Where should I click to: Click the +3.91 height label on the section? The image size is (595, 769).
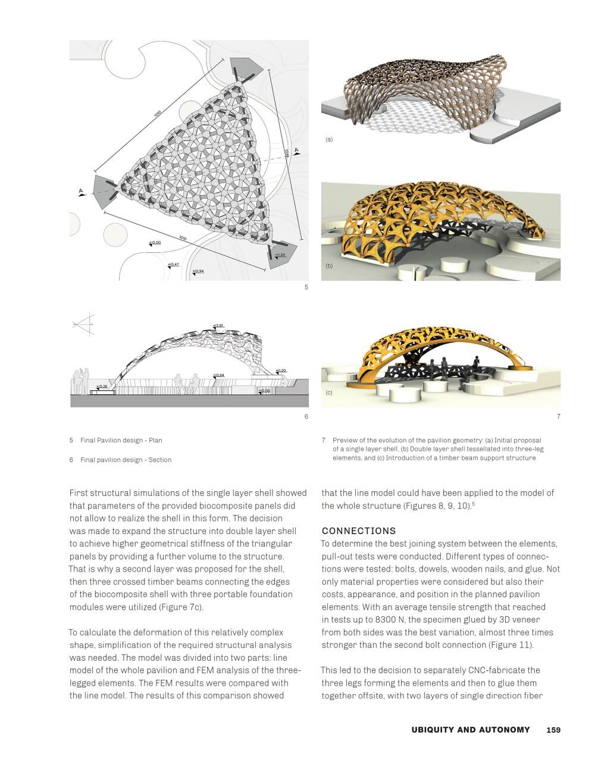click(218, 326)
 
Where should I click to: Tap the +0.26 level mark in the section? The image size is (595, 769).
click(102, 387)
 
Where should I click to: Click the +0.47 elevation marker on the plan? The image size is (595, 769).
click(173, 265)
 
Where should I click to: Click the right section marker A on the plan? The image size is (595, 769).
click(296, 150)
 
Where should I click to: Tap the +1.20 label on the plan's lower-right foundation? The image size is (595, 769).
click(281, 255)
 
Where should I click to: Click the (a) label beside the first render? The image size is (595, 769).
click(329, 140)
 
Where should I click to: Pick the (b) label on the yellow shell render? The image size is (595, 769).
click(329, 266)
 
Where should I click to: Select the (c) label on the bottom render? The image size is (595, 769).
click(329, 393)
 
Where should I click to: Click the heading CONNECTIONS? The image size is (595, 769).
click(359, 531)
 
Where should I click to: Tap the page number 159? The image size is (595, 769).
click(553, 730)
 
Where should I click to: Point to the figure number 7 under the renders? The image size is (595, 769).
click(558, 416)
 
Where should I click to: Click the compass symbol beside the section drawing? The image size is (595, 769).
click(84, 324)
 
